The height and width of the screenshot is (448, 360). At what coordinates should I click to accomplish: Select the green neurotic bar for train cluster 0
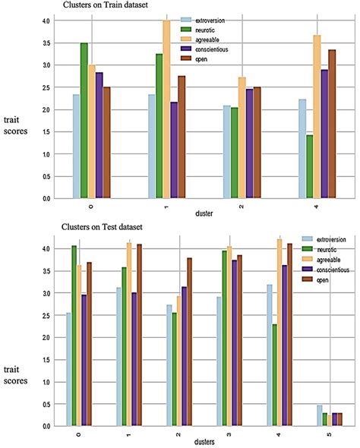pos(84,121)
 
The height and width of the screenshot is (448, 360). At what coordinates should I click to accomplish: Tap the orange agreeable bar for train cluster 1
pos(166,110)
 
